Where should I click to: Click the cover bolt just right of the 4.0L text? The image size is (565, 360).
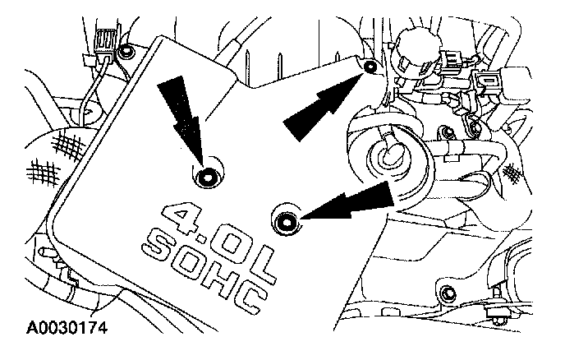click(285, 219)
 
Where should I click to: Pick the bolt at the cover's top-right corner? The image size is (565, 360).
click(370, 66)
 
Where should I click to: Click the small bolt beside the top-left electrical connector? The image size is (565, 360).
click(125, 53)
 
